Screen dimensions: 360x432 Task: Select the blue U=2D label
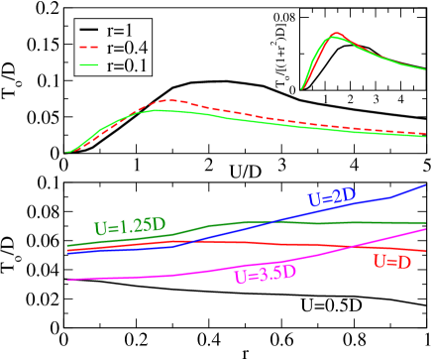click(332, 197)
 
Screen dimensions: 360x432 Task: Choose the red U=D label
click(392, 262)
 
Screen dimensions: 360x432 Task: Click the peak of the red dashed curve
click(174, 100)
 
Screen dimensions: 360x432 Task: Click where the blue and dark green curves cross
click(270, 222)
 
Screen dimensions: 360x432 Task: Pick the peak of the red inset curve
click(337, 33)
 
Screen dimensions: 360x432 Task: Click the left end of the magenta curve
click(67, 281)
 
